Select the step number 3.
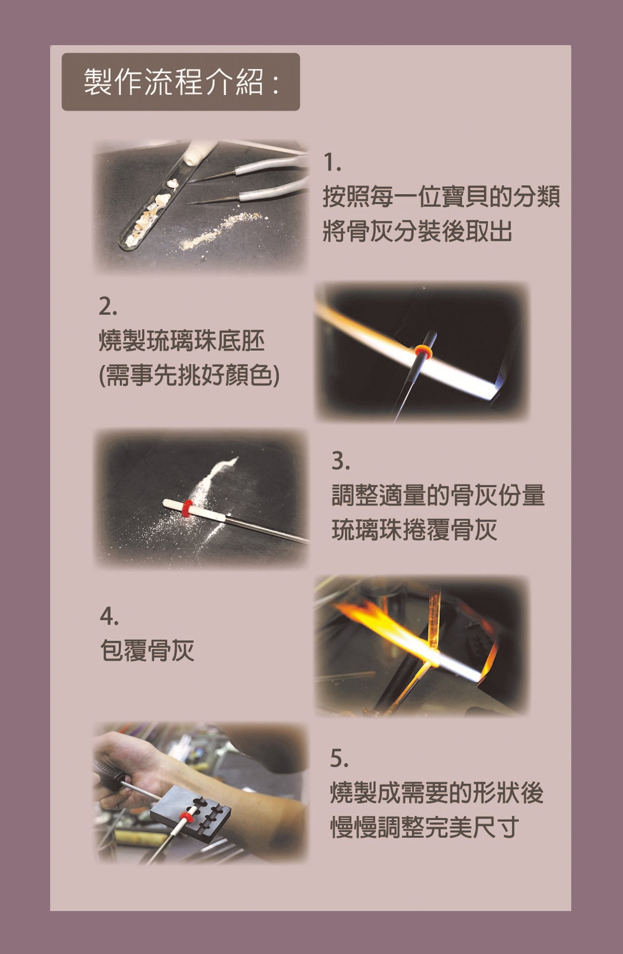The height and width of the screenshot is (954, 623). pos(341,462)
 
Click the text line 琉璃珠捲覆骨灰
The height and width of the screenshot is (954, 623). pos(414,530)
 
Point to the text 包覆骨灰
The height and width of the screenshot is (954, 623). pos(147,650)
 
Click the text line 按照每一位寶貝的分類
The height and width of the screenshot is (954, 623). pos(441,197)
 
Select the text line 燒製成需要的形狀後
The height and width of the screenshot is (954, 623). pos(436,792)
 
